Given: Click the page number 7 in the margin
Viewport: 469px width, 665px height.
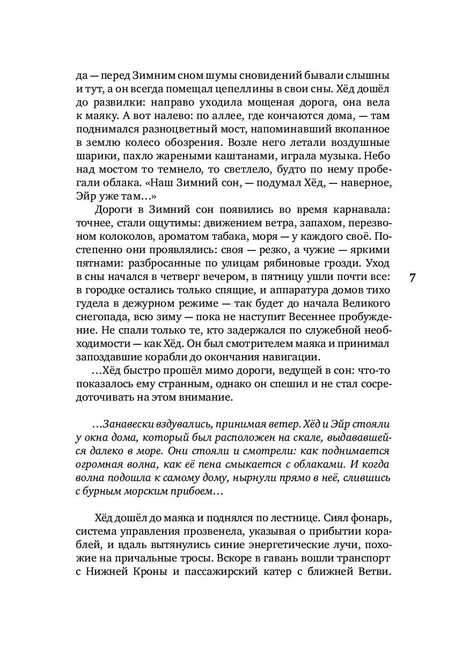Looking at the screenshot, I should tap(413, 278).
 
